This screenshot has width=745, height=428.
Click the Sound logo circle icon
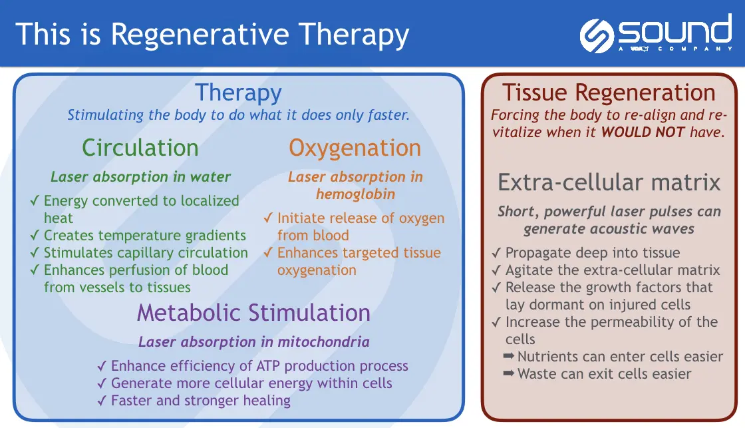tap(597, 36)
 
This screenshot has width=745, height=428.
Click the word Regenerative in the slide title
tap(200, 35)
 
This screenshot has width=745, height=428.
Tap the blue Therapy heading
tap(239, 93)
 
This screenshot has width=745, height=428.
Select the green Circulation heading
tap(140, 148)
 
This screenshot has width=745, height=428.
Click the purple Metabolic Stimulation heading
tap(253, 313)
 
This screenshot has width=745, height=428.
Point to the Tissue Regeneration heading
tap(609, 93)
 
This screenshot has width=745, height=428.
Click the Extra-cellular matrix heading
tap(609, 182)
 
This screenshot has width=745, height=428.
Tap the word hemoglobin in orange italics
tap(355, 194)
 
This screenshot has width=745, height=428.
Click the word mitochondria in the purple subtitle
tap(323, 342)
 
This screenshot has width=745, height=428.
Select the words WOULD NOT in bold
tap(643, 132)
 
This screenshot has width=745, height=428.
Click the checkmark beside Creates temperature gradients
tap(34, 235)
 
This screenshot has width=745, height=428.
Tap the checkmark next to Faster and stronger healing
tap(102, 401)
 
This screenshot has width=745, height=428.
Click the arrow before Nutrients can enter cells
tap(509, 355)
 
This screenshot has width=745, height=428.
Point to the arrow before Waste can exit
tap(509, 373)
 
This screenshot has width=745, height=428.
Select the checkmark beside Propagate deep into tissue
tap(496, 252)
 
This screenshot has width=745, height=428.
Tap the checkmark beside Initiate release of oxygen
tap(268, 218)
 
